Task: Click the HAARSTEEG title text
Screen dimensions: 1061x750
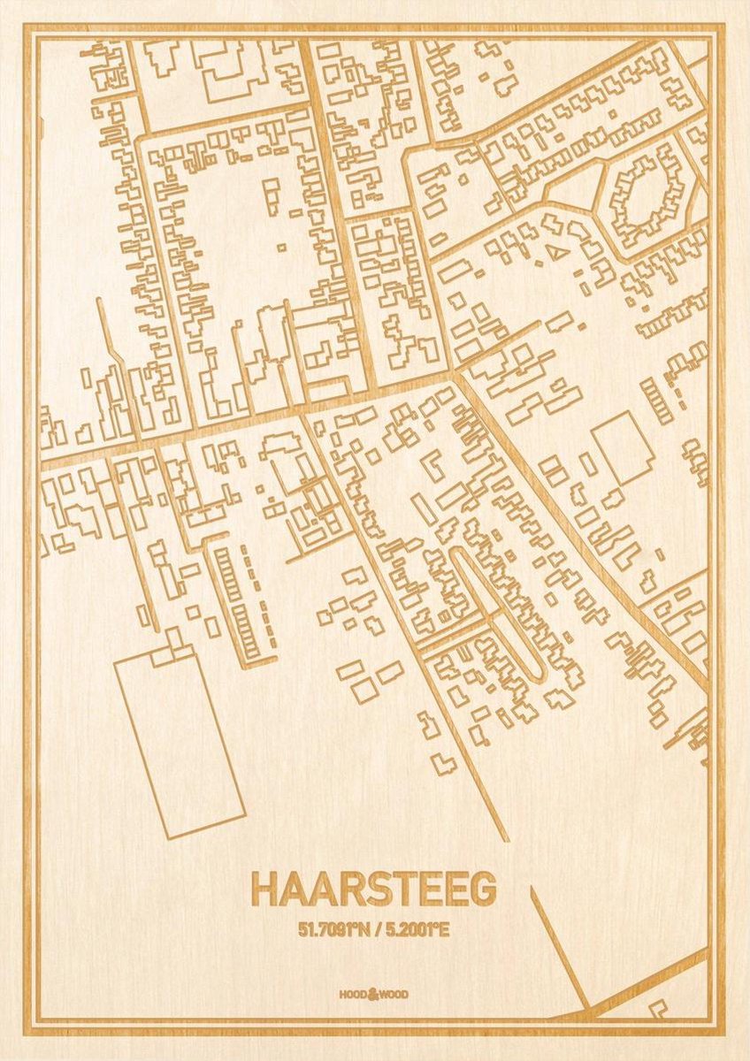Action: pyautogui.click(x=373, y=890)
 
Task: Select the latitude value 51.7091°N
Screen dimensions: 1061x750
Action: pyautogui.click(x=332, y=929)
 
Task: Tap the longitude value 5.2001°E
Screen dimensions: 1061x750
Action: pyautogui.click(x=417, y=929)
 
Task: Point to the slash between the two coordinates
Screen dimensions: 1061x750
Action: pyautogui.click(x=376, y=929)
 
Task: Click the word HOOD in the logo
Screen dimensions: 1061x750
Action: pyautogui.click(x=352, y=995)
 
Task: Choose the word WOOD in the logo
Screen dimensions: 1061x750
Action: pyautogui.click(x=394, y=995)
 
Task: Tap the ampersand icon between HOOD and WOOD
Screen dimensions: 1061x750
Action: pyautogui.click(x=373, y=994)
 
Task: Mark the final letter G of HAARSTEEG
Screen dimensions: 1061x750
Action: pyautogui.click(x=483, y=890)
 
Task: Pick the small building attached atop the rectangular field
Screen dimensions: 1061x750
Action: pyautogui.click(x=177, y=653)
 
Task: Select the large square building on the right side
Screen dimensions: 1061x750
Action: pyautogui.click(x=623, y=447)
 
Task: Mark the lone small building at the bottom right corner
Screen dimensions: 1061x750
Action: pyautogui.click(x=658, y=1007)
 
